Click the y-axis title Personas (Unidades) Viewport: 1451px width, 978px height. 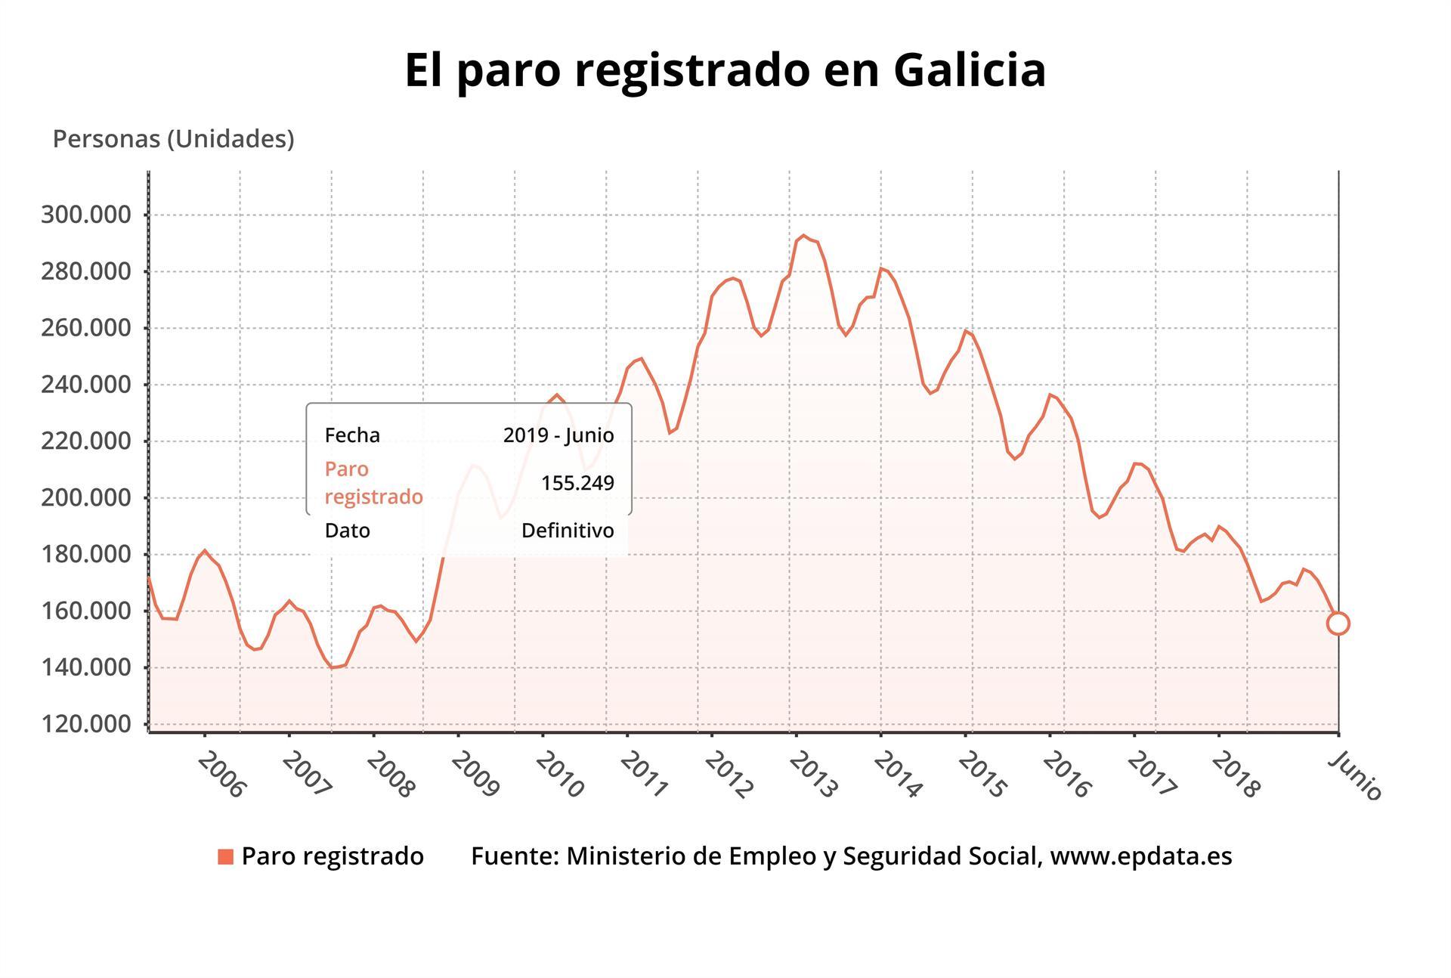click(x=173, y=139)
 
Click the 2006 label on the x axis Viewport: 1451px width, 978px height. click(x=221, y=775)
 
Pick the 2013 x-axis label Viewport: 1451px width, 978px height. click(x=813, y=775)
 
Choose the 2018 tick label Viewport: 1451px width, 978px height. click(x=1236, y=775)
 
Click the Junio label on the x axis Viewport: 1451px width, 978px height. click(x=1355, y=775)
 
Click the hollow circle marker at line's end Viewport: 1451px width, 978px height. click(x=1338, y=624)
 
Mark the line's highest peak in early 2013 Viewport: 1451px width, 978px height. click(x=803, y=236)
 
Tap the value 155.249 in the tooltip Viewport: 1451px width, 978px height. click(x=577, y=483)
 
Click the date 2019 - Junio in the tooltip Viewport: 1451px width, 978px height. click(x=558, y=435)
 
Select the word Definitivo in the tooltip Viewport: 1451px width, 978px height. click(x=568, y=531)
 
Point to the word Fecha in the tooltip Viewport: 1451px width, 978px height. click(x=352, y=435)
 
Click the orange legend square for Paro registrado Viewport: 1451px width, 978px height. click(x=225, y=856)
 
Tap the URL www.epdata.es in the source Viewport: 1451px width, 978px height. click(x=1141, y=856)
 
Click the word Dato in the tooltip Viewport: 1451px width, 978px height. click(x=347, y=531)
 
